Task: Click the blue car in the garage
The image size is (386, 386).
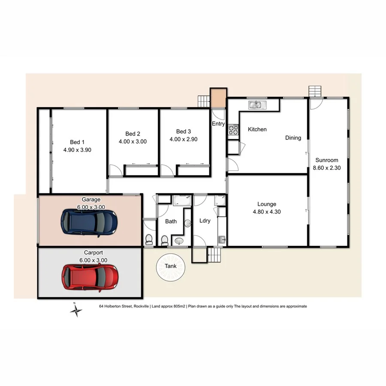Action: point(89,222)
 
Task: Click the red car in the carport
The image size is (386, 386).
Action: point(90,277)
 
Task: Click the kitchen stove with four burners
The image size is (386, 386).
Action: point(233,130)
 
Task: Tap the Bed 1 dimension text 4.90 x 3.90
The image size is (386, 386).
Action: point(77,150)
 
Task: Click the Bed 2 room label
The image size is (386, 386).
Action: point(133,134)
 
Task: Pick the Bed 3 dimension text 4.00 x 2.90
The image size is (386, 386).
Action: point(183,139)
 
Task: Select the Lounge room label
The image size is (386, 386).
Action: point(266,204)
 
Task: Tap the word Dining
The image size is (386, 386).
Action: point(293,138)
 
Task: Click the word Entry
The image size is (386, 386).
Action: point(218,124)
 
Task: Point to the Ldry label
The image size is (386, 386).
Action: point(205,221)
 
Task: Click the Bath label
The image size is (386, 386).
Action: point(171,222)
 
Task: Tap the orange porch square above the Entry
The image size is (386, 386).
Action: point(218,97)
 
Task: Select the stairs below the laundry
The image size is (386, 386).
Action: point(213,256)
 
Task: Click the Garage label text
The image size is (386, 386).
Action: point(91,200)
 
